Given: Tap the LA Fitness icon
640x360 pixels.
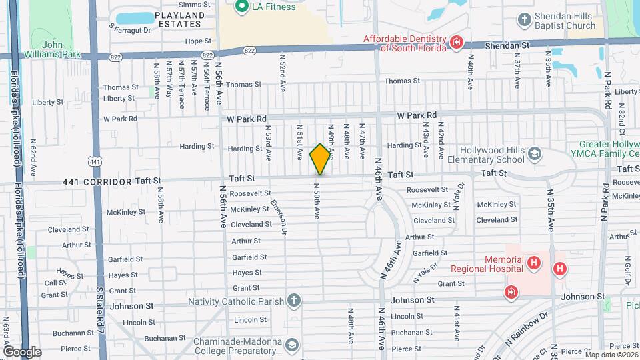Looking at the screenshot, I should click(x=242, y=7).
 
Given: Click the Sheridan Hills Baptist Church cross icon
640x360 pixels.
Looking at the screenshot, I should click(x=525, y=19).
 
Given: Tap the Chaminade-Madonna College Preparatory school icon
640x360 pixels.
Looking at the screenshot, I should click(x=291, y=345).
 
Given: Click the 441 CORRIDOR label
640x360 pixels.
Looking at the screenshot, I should click(x=93, y=181).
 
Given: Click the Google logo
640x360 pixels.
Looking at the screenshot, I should click(x=22, y=351).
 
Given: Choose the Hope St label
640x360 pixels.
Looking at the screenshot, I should click(x=198, y=41).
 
